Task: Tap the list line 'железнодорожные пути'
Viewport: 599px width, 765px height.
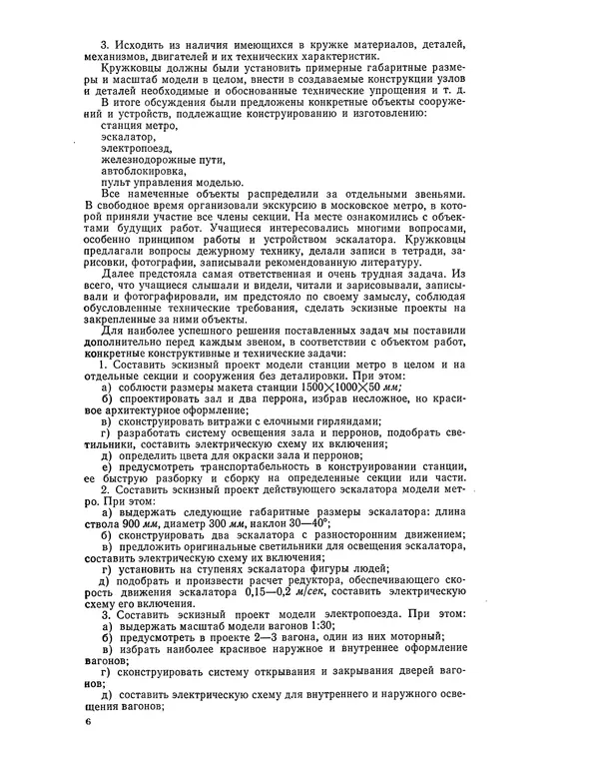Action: pyautogui.click(x=163, y=159)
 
